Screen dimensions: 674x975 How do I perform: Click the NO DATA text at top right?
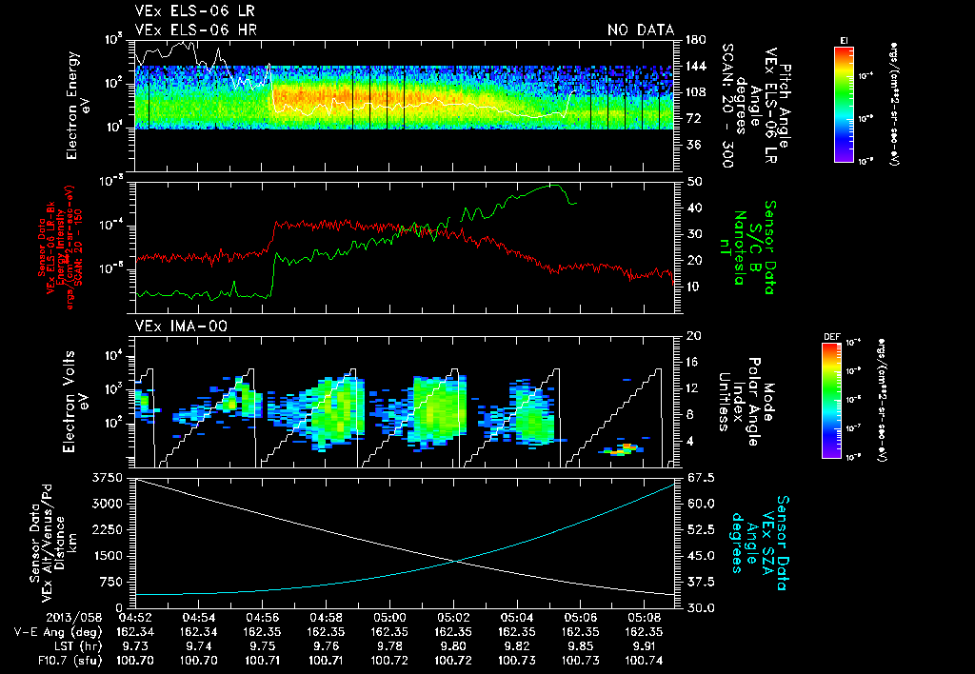640,30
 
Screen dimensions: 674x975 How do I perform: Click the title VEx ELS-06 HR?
195,30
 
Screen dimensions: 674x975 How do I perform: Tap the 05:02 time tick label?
452,617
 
